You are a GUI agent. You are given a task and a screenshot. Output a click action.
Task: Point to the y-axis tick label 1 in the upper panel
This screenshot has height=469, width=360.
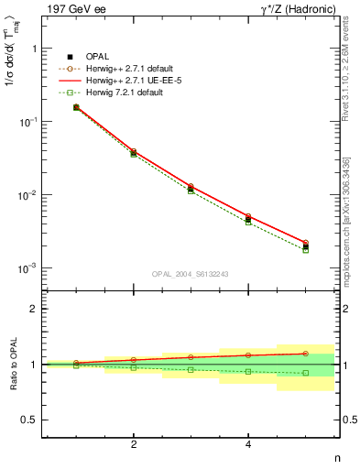click(x=34, y=49)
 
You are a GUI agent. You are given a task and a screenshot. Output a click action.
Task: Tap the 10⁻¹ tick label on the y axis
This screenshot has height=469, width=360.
click(x=29, y=122)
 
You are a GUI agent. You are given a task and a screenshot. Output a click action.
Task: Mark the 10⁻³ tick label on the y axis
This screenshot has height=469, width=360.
click(x=29, y=268)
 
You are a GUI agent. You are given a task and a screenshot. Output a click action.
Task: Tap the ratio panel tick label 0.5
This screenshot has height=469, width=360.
click(x=30, y=420)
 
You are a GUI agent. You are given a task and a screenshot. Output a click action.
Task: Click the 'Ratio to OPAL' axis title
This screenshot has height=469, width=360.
click(x=12, y=365)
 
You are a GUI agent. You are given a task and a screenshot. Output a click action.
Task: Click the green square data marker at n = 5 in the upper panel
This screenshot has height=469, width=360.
click(x=305, y=250)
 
